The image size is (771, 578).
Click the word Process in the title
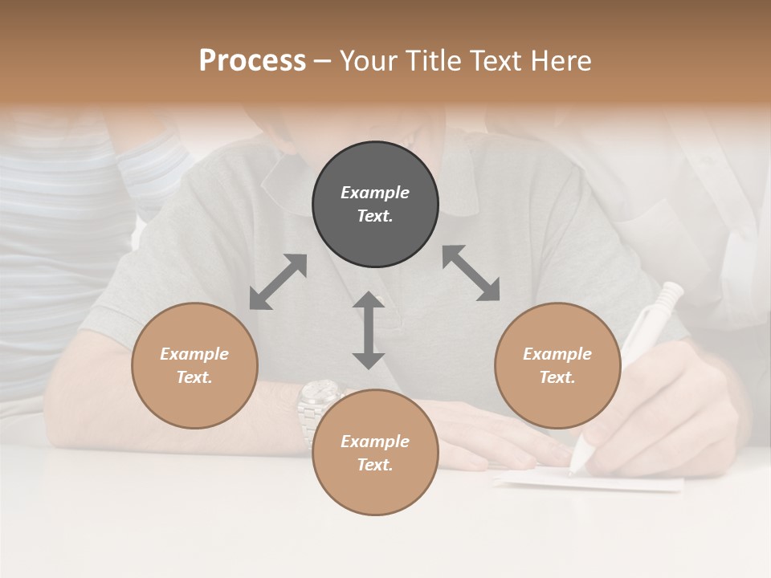pos(252,61)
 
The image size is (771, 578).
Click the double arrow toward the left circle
pos(278,282)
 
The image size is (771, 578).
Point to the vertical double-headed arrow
pos(369,330)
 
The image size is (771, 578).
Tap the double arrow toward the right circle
pos(471,273)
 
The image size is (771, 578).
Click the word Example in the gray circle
pos(375,193)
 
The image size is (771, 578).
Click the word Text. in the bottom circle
pos(375,465)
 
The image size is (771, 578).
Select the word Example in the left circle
pos(194,354)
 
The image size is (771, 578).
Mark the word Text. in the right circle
pos(557,377)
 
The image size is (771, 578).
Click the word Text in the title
pos(496,61)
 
